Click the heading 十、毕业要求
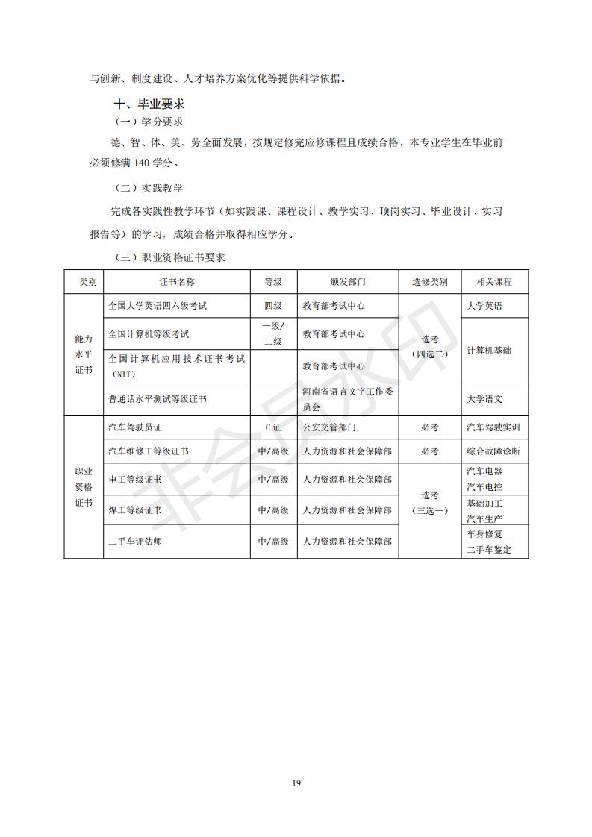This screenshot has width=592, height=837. pyautogui.click(x=149, y=104)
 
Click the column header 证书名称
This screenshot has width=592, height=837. pyautogui.click(x=177, y=282)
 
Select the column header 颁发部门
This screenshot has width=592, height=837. pyautogui.click(x=347, y=282)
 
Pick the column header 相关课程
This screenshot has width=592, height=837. pyautogui.click(x=494, y=282)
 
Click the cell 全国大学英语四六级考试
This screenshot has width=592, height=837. pyautogui.click(x=158, y=306)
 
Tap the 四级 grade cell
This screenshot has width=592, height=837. pyautogui.click(x=273, y=306)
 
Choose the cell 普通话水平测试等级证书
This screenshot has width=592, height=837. pyautogui.click(x=158, y=399)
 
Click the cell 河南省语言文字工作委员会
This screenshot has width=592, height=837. pyautogui.click(x=347, y=399)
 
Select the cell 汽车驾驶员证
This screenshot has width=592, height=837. pyautogui.click(x=135, y=427)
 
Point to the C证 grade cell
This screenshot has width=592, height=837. pyautogui.click(x=273, y=427)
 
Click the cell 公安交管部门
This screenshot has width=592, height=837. pyautogui.click(x=329, y=427)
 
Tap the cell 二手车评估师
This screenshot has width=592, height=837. pyautogui.click(x=135, y=541)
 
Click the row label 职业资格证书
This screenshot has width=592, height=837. pyautogui.click(x=84, y=487)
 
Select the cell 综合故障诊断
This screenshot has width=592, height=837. pyautogui.click(x=493, y=451)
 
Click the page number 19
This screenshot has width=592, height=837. pyautogui.click(x=296, y=783)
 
